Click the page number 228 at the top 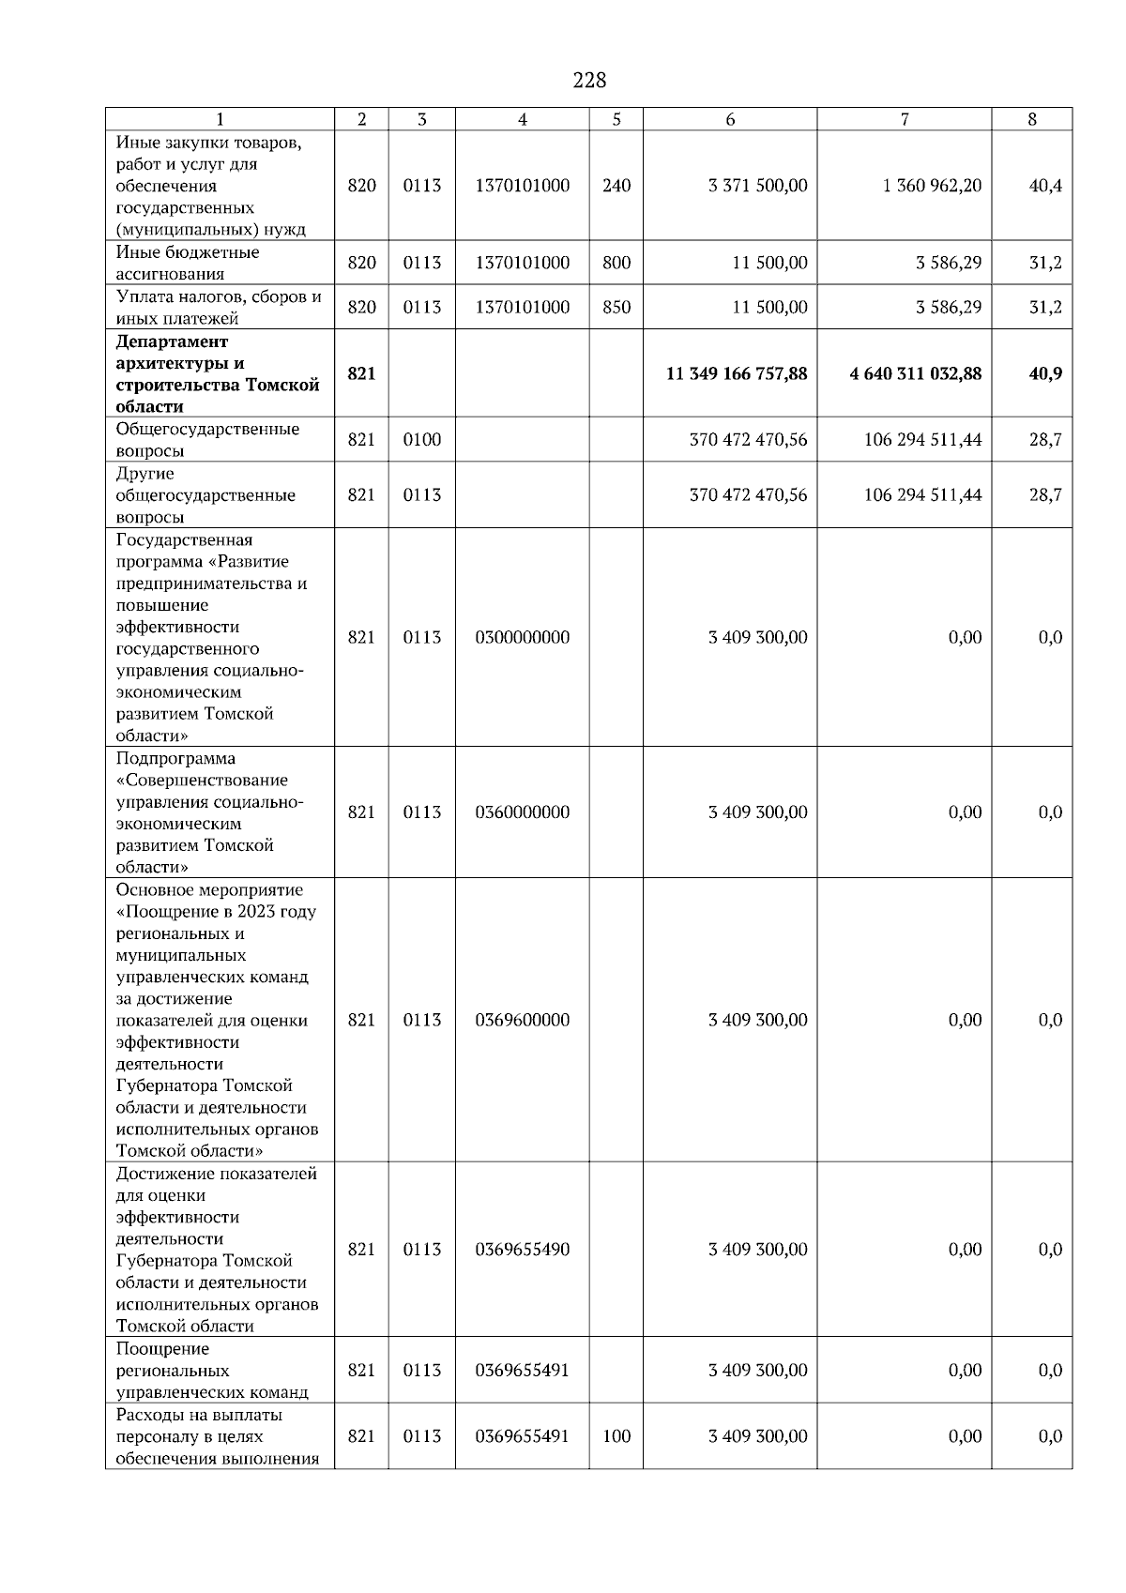(589, 81)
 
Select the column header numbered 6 (730, 119)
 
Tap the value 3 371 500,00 (757, 186)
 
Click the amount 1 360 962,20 (932, 186)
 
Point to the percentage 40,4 (1045, 186)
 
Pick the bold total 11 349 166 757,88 (737, 373)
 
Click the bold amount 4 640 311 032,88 (916, 373)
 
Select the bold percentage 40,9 (1045, 373)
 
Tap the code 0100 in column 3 (422, 439)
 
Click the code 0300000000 (523, 638)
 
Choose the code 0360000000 (523, 812)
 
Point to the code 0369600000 (523, 1021)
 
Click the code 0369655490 (523, 1250)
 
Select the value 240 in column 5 (616, 186)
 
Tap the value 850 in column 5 (616, 308)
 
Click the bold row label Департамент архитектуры (218, 373)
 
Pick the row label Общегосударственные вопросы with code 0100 (208, 439)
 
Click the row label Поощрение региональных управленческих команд (212, 1371)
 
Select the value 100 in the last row (616, 1436)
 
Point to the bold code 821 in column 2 (361, 373)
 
